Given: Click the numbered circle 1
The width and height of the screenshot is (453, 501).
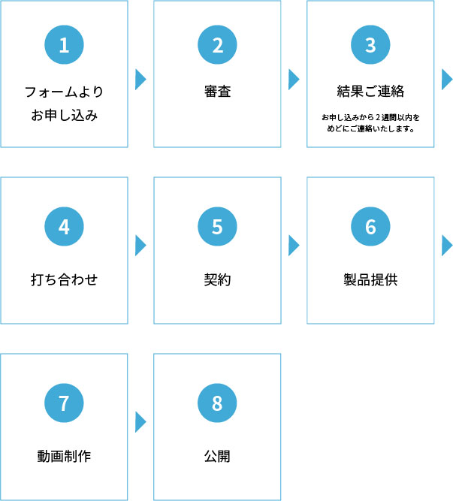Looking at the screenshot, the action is (x=64, y=45).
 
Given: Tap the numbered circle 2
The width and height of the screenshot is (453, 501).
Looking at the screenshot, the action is (x=217, y=45).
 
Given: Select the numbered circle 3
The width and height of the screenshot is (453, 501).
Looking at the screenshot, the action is (x=370, y=45).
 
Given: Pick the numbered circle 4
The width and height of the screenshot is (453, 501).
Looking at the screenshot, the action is (x=64, y=226).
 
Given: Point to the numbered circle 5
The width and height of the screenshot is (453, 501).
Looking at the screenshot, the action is (x=217, y=226).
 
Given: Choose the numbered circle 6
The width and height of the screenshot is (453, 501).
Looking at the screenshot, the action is (x=370, y=226).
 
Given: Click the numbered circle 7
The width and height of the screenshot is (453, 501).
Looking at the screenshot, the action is (x=64, y=403).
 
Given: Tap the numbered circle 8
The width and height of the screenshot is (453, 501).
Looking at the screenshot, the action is (x=217, y=403).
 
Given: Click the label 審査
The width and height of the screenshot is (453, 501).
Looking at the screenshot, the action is (x=217, y=92).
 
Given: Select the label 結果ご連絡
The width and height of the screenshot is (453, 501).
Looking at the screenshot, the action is (x=370, y=92).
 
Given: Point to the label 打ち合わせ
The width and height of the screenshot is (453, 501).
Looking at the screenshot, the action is (x=64, y=279).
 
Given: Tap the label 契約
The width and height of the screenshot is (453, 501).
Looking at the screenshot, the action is (x=217, y=279).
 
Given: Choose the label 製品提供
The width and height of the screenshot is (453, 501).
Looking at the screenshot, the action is (x=370, y=279).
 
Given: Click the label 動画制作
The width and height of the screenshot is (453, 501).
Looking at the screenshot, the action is (x=64, y=456).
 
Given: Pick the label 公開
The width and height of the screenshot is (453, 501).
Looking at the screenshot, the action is (x=217, y=456).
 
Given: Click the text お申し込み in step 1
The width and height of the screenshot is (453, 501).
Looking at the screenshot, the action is (x=64, y=116).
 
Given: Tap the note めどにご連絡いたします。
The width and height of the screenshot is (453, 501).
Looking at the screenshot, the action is (x=370, y=128).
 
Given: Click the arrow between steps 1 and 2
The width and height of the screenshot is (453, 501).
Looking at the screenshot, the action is (x=140, y=79).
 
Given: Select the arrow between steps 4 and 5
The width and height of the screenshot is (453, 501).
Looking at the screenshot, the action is (x=140, y=246).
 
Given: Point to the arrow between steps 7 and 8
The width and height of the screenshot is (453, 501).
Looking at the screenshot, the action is (x=140, y=422).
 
